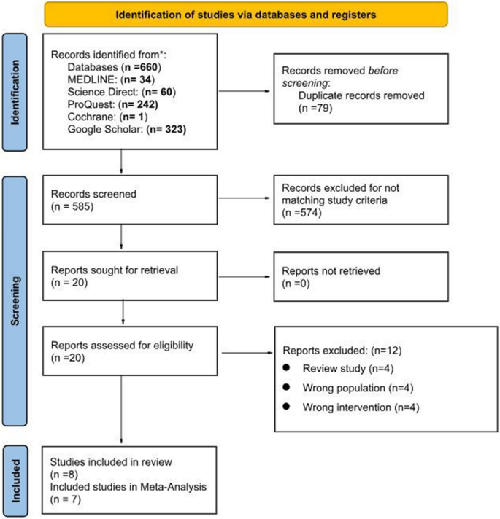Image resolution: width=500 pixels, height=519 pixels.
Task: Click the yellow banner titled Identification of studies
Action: point(245,14)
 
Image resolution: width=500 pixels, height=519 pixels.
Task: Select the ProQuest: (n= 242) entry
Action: point(107,104)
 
